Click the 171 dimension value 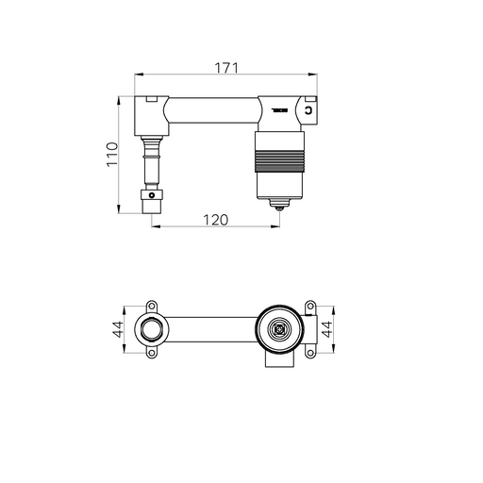pyautogui.click(x=224, y=67)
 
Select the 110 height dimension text pyautogui.click(x=111, y=153)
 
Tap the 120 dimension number pyautogui.click(x=217, y=219)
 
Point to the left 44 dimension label pyautogui.click(x=120, y=330)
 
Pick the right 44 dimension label pyautogui.click(x=325, y=330)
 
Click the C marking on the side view pyautogui.click(x=309, y=112)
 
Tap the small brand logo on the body pyautogui.click(x=278, y=110)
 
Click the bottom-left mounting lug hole pyautogui.click(x=151, y=356)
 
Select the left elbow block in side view pyautogui.click(x=150, y=114)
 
